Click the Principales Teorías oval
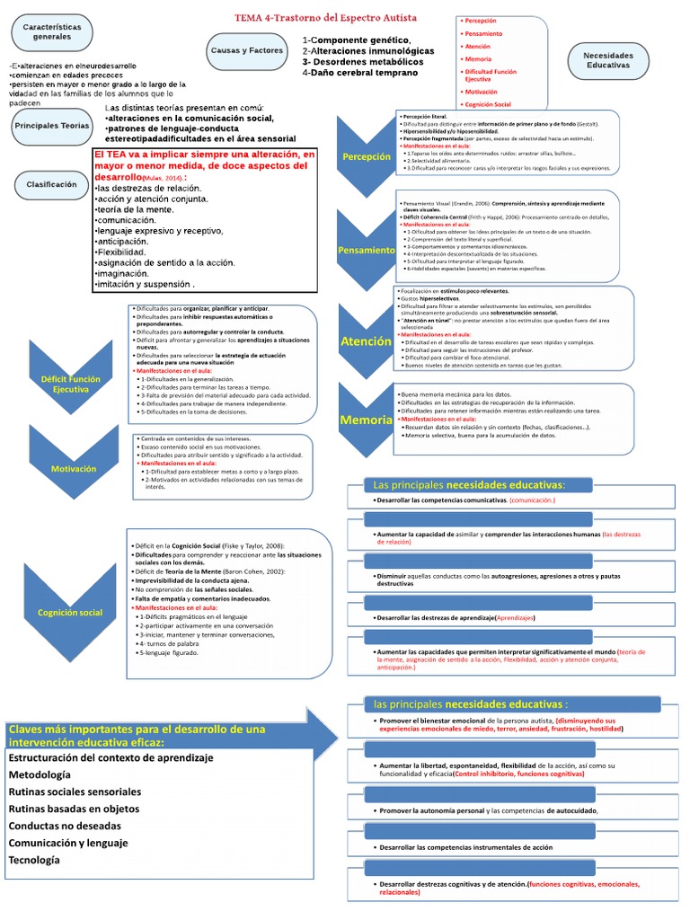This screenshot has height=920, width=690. coord(51,127)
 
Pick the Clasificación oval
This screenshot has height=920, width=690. coord(51,183)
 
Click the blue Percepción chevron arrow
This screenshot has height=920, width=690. coord(367,156)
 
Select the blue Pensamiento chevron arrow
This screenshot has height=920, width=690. coord(367,249)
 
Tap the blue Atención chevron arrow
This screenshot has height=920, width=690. coord(367,341)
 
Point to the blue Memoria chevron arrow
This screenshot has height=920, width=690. coord(367,420)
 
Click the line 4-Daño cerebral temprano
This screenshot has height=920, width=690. coord(360,72)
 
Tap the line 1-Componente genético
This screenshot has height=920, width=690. coord(357,40)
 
